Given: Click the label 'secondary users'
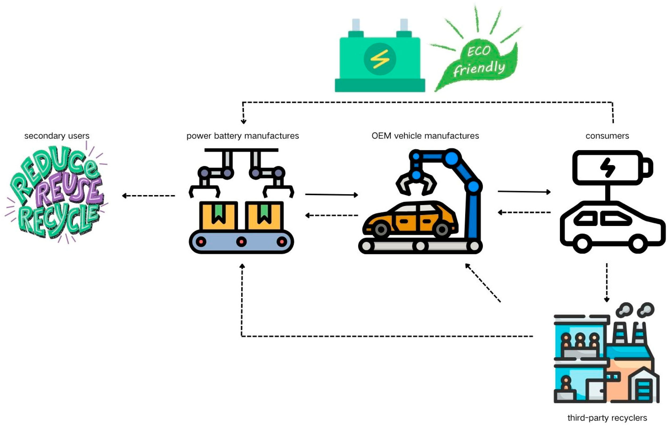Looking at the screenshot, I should (x=57, y=136).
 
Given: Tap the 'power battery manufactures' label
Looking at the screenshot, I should (x=243, y=136).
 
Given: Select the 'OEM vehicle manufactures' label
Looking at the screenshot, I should (x=425, y=136).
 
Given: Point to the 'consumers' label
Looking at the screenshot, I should (x=607, y=136).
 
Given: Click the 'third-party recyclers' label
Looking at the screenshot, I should (x=607, y=418).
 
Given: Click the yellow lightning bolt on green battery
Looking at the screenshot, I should (x=380, y=59).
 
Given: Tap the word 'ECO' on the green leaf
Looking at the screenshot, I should (x=478, y=51).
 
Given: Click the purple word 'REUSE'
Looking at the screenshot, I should (x=68, y=191).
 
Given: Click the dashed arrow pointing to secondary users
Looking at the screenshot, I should (x=148, y=196).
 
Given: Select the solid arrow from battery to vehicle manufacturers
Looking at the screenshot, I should (x=331, y=195).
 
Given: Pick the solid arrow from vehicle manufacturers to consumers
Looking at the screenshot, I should (x=524, y=192).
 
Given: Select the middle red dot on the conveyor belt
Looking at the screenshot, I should (x=241, y=241).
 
